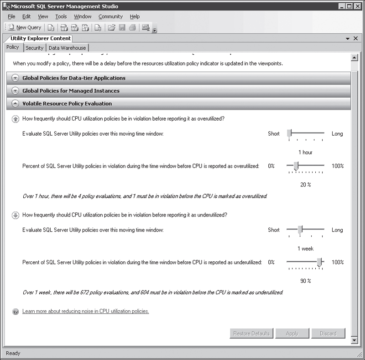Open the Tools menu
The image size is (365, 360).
click(x=61, y=16)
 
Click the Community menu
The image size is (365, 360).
click(x=110, y=16)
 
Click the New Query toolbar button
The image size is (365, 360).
click(x=25, y=27)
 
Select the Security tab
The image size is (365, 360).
click(x=34, y=48)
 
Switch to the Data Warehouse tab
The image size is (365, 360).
click(x=67, y=48)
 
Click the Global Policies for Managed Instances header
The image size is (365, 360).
click(x=71, y=91)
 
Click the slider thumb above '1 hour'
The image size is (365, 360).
click(x=289, y=133)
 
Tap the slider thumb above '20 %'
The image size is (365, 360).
click(x=296, y=166)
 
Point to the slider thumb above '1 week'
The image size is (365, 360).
click(x=300, y=230)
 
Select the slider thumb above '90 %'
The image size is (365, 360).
click(x=319, y=262)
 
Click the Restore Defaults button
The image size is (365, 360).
click(x=251, y=334)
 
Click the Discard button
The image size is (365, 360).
click(x=328, y=334)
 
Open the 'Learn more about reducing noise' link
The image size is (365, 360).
click(x=85, y=311)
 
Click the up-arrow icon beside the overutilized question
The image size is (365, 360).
click(x=15, y=119)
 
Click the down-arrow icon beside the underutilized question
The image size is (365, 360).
click(x=15, y=215)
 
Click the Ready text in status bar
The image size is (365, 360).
click(x=13, y=353)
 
